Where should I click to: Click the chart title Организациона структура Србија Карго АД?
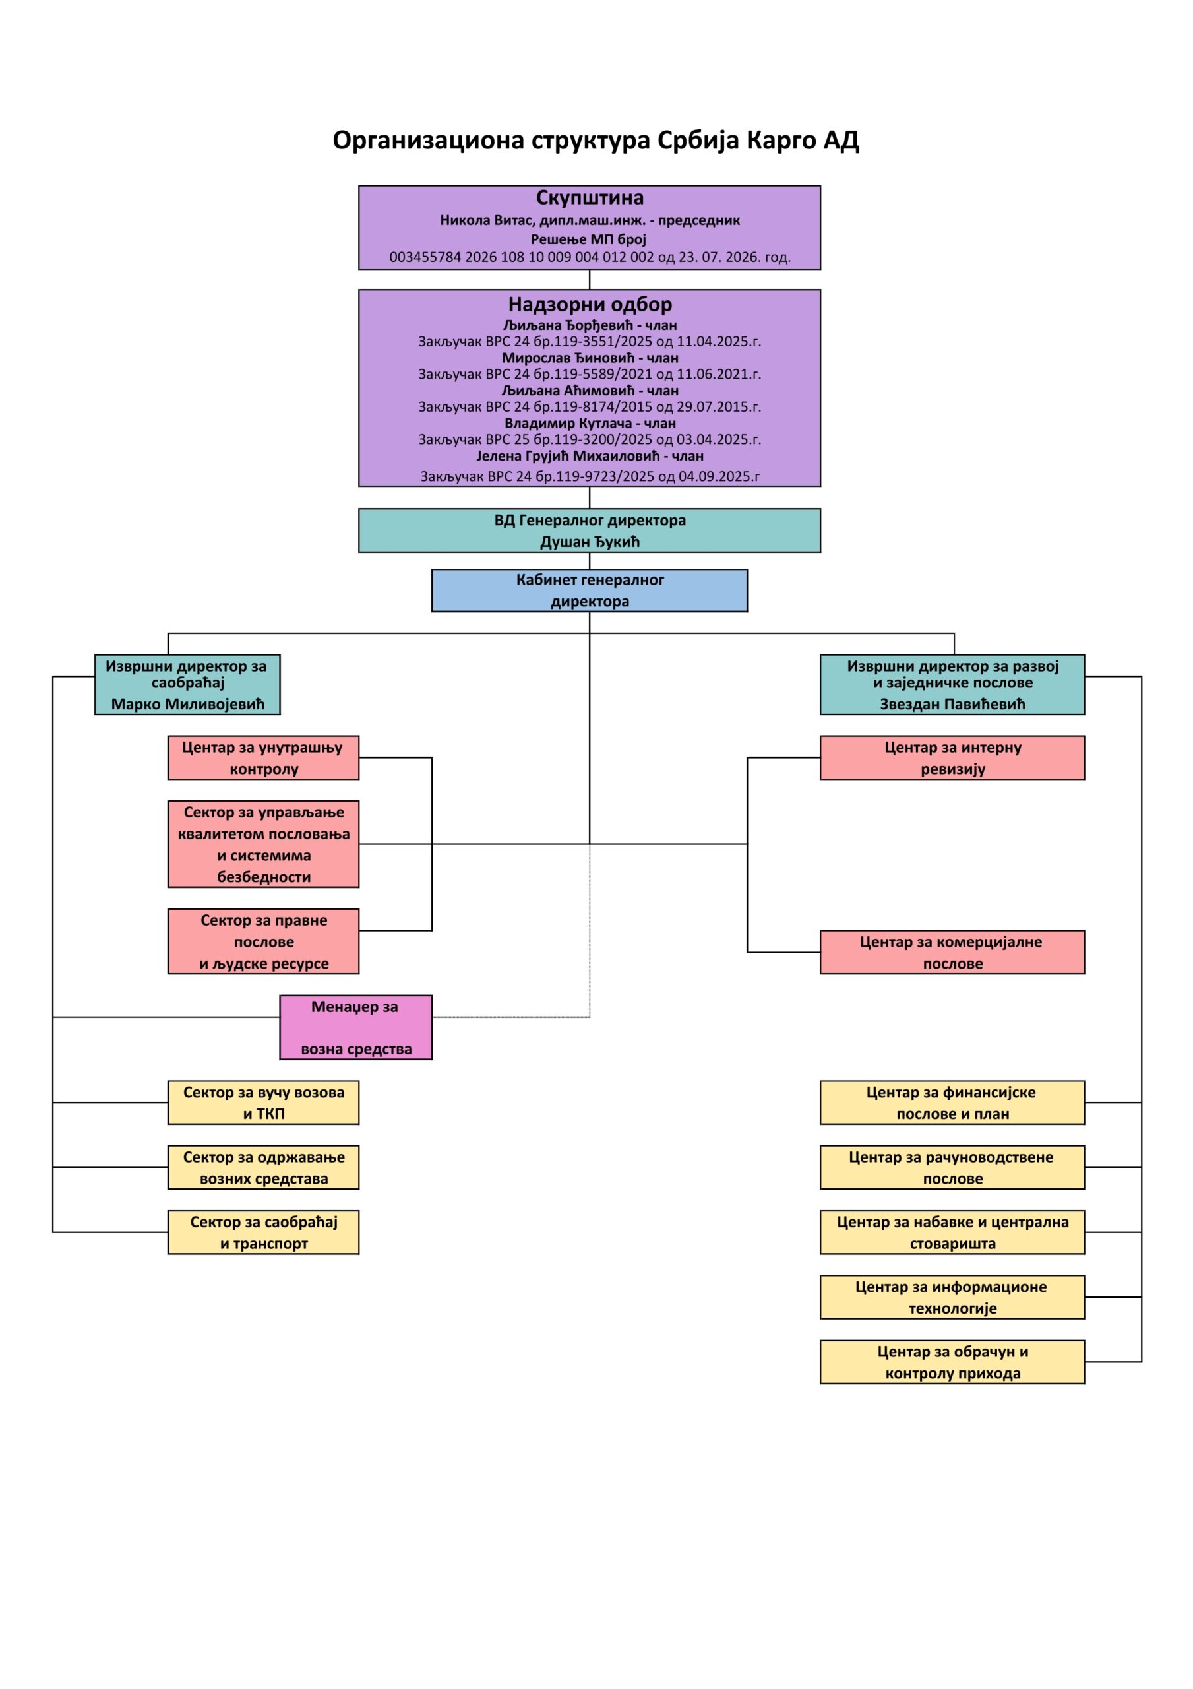tap(596, 141)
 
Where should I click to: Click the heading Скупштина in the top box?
tap(590, 197)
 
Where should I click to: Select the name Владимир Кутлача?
tap(568, 424)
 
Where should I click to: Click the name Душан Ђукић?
tap(590, 542)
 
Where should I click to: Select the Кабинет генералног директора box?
tap(589, 590)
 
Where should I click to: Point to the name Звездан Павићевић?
tap(952, 704)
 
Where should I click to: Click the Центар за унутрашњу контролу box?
tap(263, 757)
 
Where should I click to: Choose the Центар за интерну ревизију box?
tap(952, 757)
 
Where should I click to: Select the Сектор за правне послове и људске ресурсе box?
tap(263, 941)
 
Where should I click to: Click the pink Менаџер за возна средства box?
tap(356, 1028)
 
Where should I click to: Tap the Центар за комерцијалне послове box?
tap(952, 953)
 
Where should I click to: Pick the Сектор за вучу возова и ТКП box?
tap(263, 1102)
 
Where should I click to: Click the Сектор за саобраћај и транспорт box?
tap(263, 1232)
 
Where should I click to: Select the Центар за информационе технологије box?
tap(952, 1297)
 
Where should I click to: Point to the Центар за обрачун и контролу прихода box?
tap(952, 1362)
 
